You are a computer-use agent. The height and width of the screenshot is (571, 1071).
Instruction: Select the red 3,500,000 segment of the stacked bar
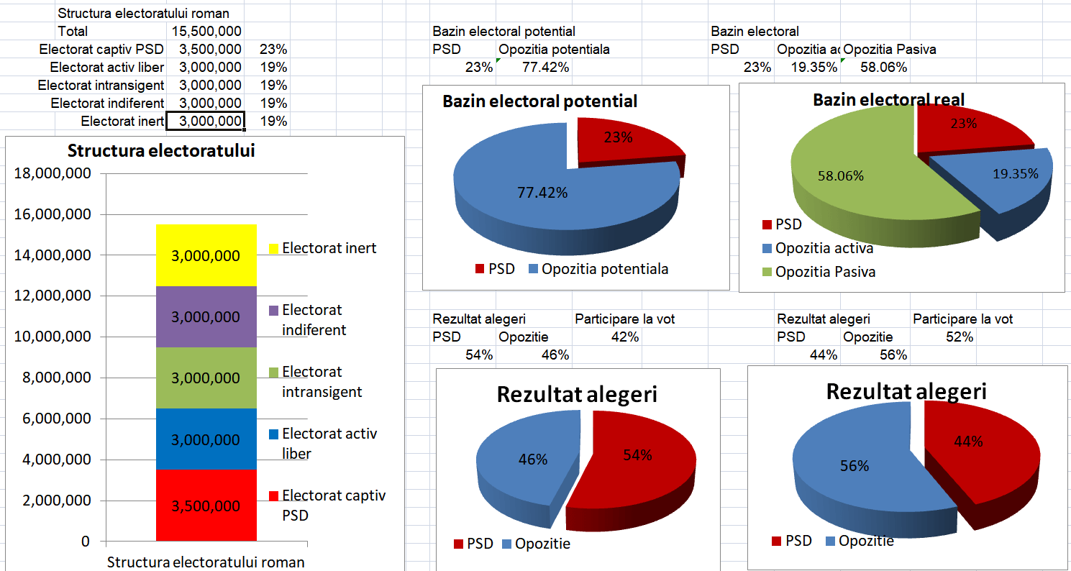point(206,506)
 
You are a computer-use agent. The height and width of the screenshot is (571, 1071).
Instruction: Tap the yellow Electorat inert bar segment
point(206,256)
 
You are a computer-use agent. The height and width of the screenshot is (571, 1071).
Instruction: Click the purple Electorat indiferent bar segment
point(206,317)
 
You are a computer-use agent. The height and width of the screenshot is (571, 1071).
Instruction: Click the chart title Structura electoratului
point(161,151)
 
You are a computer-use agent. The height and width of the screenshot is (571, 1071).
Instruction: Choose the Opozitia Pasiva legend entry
point(824,272)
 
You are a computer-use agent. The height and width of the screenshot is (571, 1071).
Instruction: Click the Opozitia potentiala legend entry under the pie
point(604,269)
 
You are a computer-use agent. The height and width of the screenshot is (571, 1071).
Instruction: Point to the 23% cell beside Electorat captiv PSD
point(273,50)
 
